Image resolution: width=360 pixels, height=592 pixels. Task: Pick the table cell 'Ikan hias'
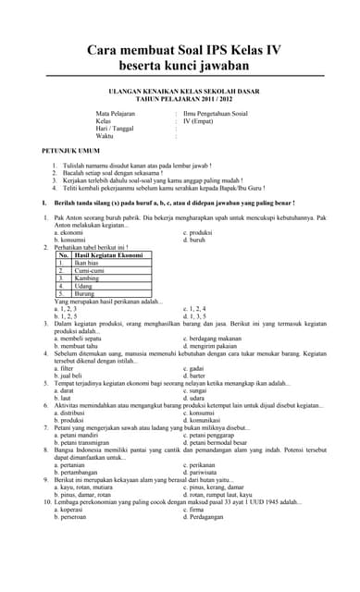click(87, 262)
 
